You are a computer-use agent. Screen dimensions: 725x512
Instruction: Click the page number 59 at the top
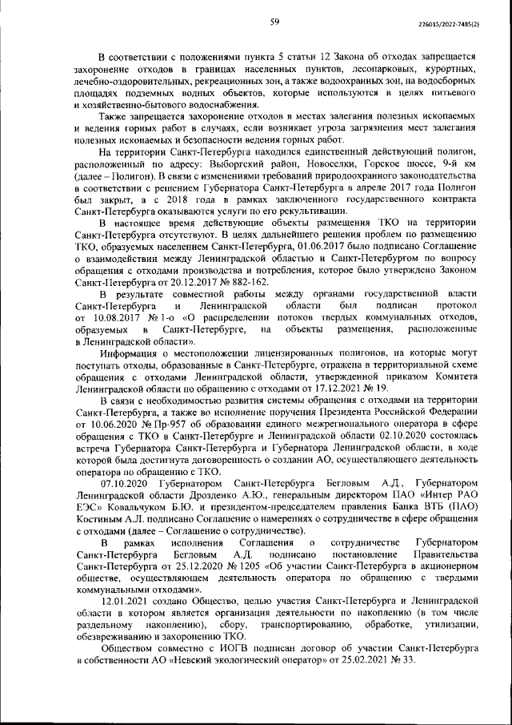coord(274,22)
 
